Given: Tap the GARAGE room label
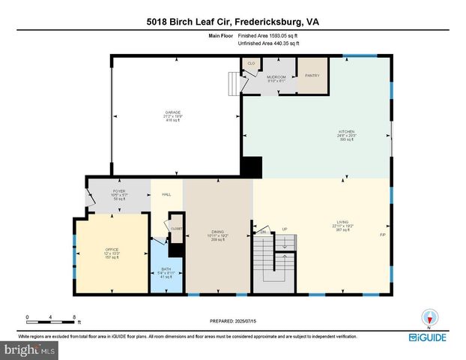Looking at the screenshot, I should click(173, 112).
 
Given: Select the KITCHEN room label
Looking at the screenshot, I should click(345, 130).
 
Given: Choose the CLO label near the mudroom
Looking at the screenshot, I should click(252, 64).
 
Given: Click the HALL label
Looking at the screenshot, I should click(166, 194).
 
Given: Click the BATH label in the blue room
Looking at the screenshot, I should click(166, 271).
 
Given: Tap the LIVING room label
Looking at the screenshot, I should click(342, 222).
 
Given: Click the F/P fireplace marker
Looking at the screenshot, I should click(382, 235).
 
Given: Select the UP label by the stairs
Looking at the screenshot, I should click(284, 229).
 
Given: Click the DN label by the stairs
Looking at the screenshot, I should click(261, 232).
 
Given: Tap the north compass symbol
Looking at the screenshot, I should click(429, 318).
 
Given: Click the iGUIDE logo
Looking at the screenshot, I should click(429, 338).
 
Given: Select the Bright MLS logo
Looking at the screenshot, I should click(30, 349).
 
